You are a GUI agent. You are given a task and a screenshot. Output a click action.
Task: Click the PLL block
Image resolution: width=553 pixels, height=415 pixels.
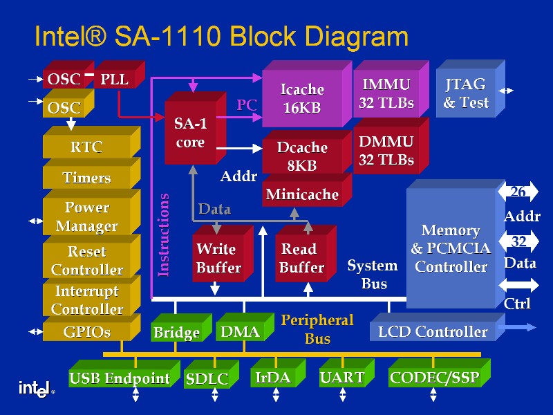(x=115, y=80)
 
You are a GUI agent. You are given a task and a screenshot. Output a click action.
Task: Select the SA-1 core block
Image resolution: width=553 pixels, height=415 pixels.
(x=190, y=133)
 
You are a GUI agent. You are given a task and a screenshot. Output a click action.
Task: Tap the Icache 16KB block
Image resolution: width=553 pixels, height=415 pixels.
(x=302, y=98)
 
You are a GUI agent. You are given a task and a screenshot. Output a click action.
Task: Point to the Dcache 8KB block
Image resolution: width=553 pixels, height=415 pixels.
(x=302, y=156)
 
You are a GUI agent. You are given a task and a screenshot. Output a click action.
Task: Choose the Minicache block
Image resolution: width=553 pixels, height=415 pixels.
(x=302, y=194)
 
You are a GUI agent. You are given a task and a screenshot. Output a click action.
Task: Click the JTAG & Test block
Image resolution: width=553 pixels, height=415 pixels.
(x=465, y=93)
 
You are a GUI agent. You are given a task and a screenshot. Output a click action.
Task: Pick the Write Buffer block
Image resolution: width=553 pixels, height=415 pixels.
(x=216, y=258)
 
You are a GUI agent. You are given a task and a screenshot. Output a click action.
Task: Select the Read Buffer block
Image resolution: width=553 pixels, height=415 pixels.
(x=301, y=258)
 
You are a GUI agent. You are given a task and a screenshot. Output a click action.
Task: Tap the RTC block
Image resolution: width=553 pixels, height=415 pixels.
(x=86, y=147)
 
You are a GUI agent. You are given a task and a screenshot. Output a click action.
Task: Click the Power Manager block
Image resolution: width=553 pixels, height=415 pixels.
(x=86, y=216)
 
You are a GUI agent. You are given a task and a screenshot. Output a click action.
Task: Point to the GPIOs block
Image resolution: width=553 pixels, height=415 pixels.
(x=86, y=332)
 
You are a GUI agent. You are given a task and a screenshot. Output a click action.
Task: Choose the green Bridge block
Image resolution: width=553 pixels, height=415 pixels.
(x=176, y=333)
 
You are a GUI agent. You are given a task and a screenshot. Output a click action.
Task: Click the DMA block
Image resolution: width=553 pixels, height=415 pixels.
(x=240, y=332)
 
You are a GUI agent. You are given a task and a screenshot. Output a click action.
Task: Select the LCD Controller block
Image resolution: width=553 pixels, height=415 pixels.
(x=433, y=332)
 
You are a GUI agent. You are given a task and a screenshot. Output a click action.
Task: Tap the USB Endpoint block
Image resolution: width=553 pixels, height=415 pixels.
(x=119, y=378)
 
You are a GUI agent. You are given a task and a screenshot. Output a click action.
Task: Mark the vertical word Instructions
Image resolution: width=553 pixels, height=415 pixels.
(x=164, y=235)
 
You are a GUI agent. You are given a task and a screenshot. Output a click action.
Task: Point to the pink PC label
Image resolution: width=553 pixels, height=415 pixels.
(x=247, y=106)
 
